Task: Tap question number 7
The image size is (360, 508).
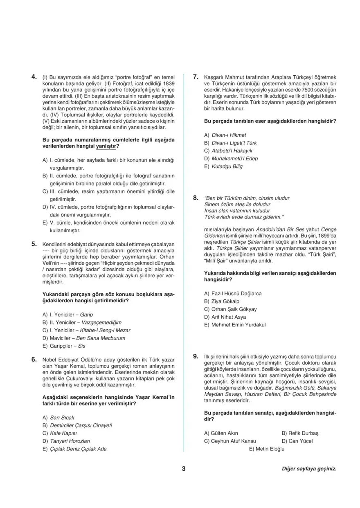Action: point(196,76)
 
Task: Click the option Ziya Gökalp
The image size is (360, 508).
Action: point(221,301)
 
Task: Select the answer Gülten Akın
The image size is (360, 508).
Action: point(221,433)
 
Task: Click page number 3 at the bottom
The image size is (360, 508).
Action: point(184,469)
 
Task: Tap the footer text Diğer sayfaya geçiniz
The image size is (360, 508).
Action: point(309,469)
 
